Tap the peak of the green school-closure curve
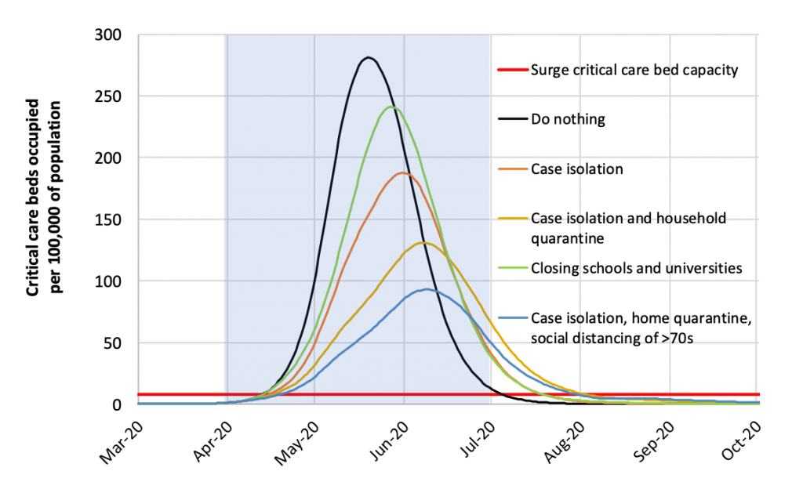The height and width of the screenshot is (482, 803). (x=392, y=107)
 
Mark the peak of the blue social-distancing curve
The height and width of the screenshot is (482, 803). (x=425, y=289)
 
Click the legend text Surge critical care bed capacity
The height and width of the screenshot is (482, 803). (x=634, y=70)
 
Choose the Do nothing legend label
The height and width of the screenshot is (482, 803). (x=568, y=120)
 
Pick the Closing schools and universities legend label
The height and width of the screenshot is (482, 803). (x=636, y=268)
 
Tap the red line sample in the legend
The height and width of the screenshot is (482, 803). (x=511, y=70)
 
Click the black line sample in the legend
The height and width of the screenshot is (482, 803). (x=511, y=120)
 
